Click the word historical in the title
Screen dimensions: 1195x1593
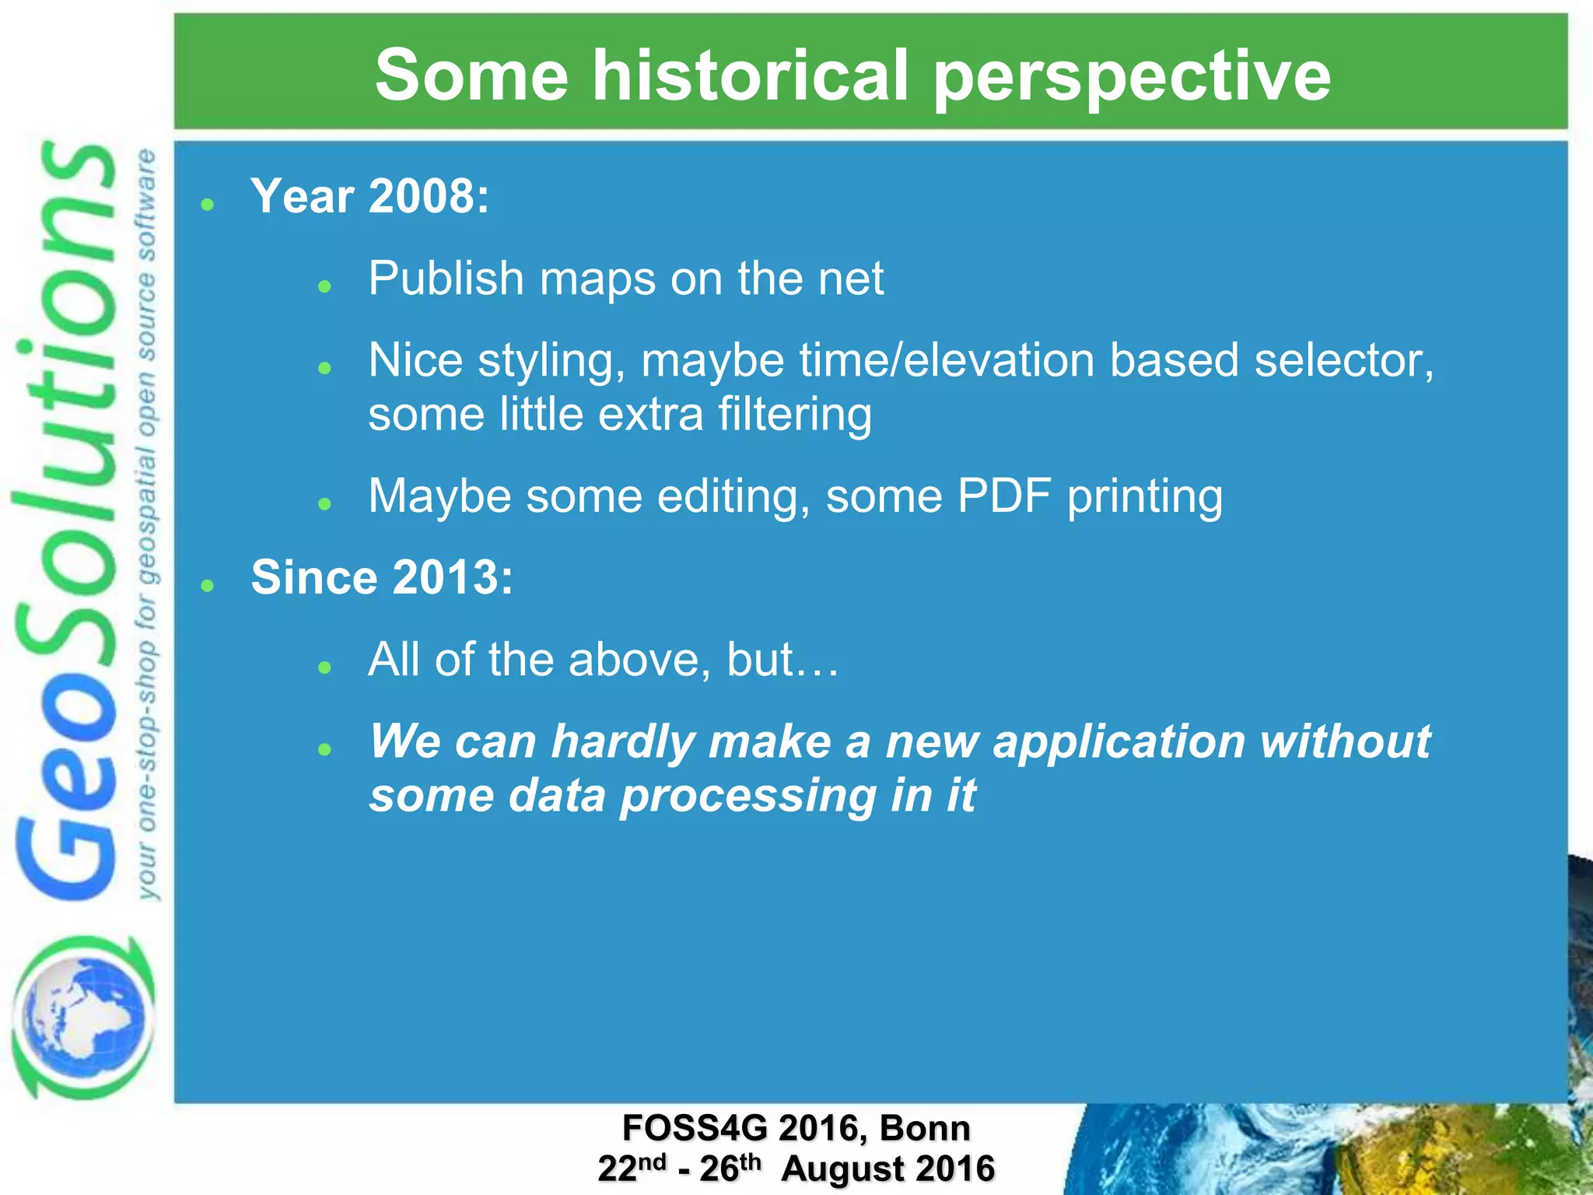pos(750,75)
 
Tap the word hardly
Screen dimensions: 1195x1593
pos(622,742)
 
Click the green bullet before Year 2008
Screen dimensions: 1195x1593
pos(207,205)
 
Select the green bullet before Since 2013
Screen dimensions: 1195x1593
pos(207,586)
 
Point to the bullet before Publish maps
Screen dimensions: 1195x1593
pos(325,287)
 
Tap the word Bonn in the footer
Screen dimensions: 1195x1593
pos(925,1128)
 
